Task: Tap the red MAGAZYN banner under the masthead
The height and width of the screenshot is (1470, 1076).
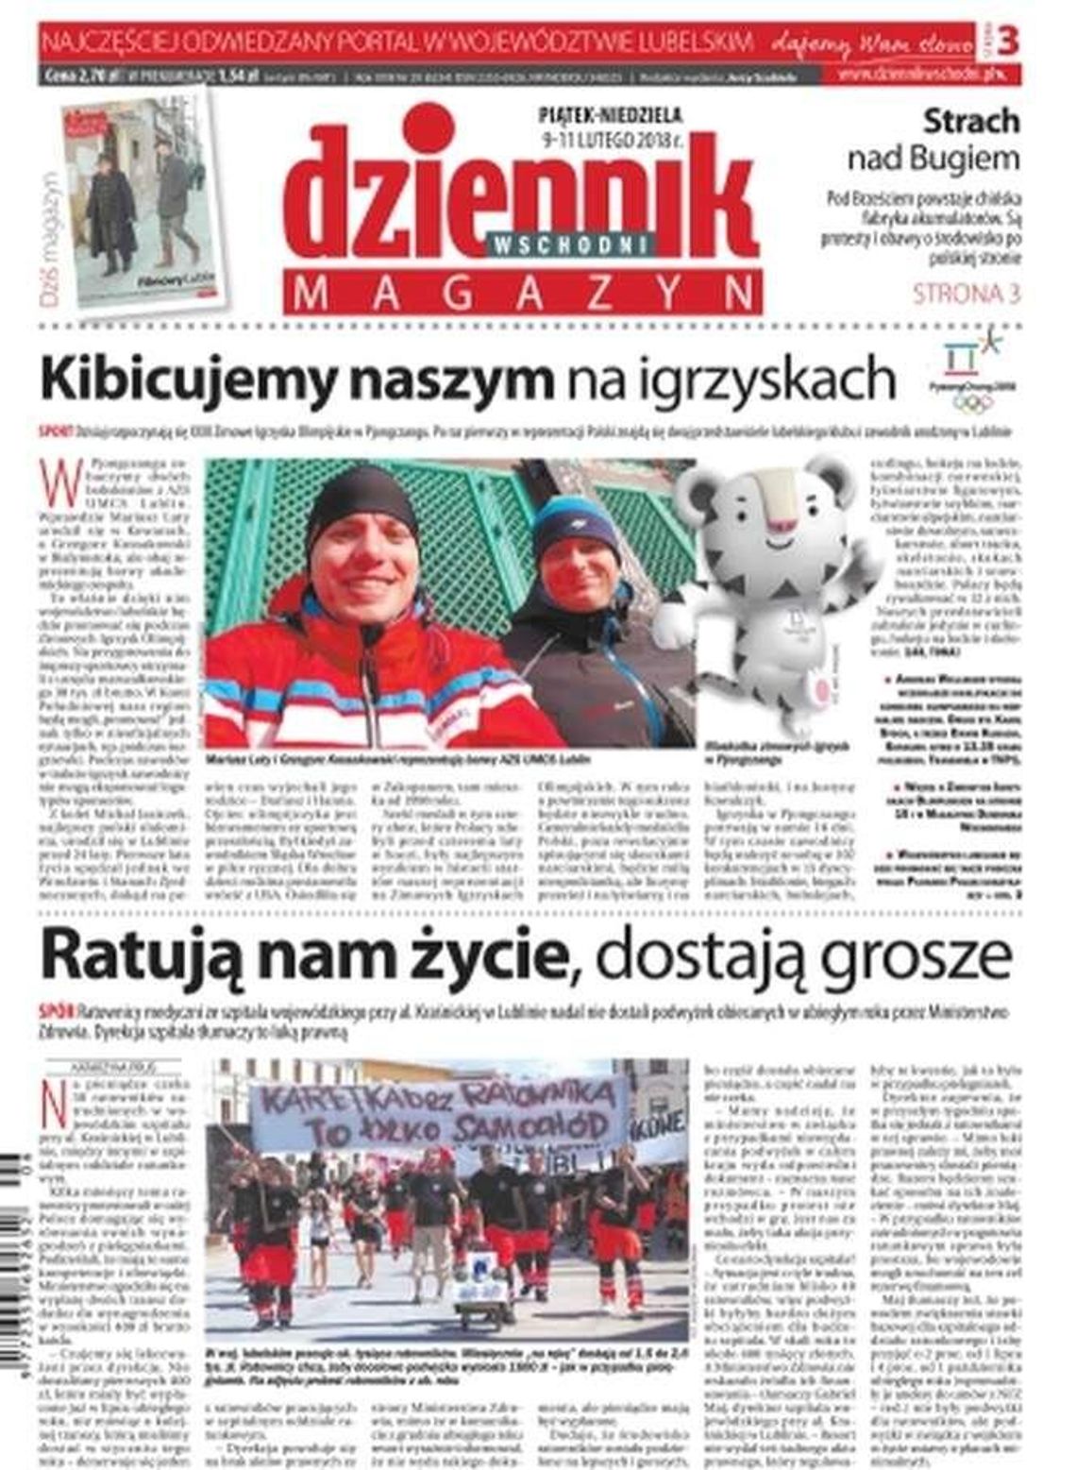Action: pyautogui.click(x=525, y=294)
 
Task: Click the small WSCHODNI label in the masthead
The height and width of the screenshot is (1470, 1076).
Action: pyautogui.click(x=572, y=244)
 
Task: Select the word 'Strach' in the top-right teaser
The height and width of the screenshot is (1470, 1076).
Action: pyautogui.click(x=971, y=121)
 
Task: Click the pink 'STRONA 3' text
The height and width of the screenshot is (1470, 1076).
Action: pyautogui.click(x=966, y=294)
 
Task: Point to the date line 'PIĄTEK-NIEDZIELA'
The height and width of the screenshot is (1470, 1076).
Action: pyautogui.click(x=610, y=115)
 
